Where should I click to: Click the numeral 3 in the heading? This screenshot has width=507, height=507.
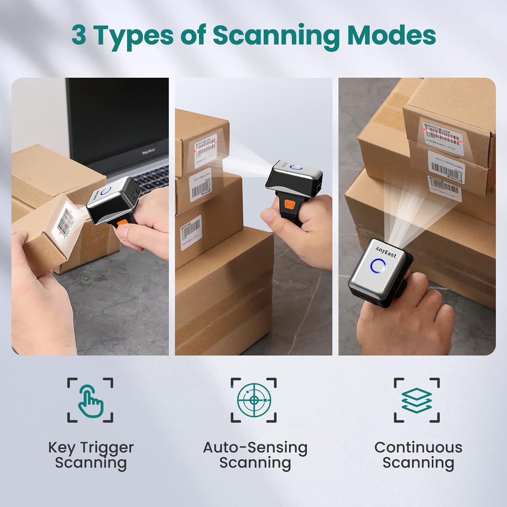point(79,35)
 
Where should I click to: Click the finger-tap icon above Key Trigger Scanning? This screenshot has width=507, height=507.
point(90,400)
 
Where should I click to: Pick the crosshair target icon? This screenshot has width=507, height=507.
point(254,400)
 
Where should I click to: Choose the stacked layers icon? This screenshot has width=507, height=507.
point(417,400)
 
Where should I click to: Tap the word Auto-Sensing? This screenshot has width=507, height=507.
point(255,448)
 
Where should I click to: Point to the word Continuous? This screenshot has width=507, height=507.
point(418,448)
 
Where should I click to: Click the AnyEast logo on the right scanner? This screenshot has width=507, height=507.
point(385,252)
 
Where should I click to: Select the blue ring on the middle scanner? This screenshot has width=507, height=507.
point(296,168)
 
